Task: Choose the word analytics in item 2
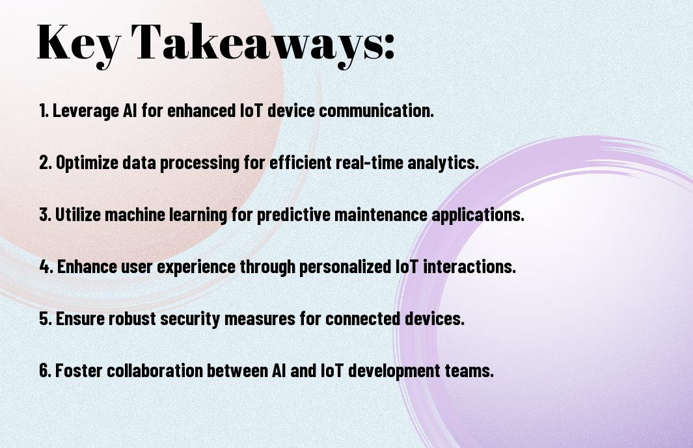pos(446,163)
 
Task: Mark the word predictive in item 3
pos(293,215)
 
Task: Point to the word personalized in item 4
pos(342,267)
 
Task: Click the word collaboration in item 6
pos(152,371)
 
